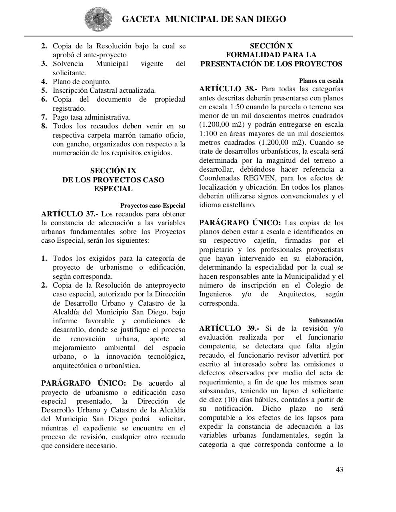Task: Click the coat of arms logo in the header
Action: tap(96, 19)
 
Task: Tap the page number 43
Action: tap(339, 470)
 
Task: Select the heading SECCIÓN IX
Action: tap(113, 171)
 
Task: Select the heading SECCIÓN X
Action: tap(271, 46)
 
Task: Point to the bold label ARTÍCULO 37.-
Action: tap(70, 214)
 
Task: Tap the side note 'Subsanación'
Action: tap(326, 320)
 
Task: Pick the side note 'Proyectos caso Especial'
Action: tap(153, 206)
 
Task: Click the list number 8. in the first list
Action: tap(44, 126)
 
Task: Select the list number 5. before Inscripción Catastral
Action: tap(44, 90)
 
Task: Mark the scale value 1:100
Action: tap(208, 134)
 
